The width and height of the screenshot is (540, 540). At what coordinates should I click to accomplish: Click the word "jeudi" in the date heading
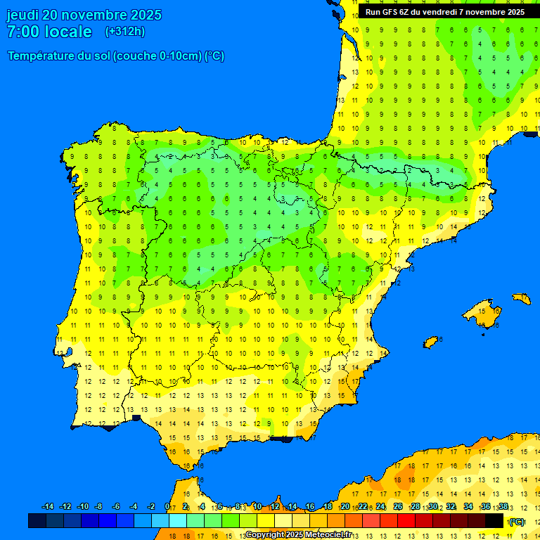pos(22,15)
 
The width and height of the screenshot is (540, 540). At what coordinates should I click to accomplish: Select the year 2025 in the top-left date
pos(143,15)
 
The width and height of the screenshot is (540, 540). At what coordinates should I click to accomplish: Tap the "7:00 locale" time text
pos(49,32)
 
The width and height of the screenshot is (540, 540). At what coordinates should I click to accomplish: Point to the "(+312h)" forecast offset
pos(124,32)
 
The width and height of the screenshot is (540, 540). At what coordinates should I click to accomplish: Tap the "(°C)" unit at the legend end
pos(517,521)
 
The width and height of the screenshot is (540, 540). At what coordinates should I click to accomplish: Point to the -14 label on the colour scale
pos(48,507)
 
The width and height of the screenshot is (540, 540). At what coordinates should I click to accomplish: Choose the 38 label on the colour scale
pos(503,507)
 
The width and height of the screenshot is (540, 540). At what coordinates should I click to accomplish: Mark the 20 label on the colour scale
pos(345,507)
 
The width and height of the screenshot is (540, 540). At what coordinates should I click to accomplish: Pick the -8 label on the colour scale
pos(98,507)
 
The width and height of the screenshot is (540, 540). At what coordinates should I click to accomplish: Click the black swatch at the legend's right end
pos(494,521)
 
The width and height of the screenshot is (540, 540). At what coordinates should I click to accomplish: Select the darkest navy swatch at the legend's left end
pos(37,521)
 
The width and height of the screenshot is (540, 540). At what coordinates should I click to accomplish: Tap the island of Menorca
pos(522,298)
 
